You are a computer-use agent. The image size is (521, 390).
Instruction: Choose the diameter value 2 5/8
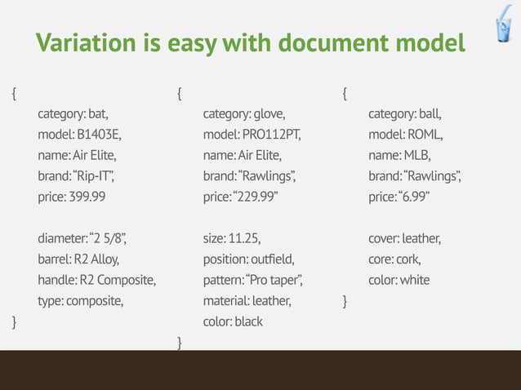(107, 239)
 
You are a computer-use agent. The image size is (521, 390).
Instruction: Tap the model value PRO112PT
(270, 134)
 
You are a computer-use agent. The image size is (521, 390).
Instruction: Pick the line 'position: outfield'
(248, 260)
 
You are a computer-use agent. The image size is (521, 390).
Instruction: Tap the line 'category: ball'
(404, 113)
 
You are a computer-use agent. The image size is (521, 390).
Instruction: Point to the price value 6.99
(415, 197)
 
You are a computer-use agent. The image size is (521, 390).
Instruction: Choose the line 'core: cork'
(394, 260)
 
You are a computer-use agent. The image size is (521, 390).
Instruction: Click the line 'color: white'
(399, 281)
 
